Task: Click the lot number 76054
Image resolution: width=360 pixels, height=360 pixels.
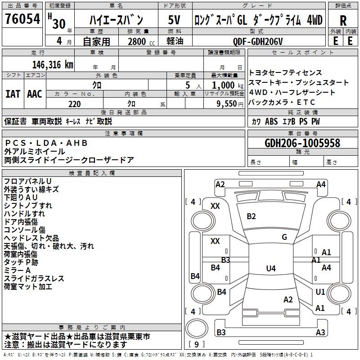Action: click(x=22, y=18)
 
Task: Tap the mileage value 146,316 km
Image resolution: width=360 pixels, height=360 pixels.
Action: click(x=53, y=65)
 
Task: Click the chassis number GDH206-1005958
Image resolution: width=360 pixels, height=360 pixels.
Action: click(x=302, y=143)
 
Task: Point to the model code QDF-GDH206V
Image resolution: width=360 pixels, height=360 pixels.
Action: click(x=257, y=41)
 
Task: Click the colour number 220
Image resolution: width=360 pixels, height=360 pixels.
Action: click(x=75, y=104)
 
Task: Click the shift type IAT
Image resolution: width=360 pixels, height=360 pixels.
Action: click(x=13, y=94)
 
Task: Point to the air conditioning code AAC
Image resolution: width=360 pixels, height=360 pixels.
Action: click(x=35, y=94)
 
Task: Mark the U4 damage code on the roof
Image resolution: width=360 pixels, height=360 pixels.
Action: click(x=271, y=268)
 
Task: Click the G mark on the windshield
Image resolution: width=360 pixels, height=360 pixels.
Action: click(x=284, y=237)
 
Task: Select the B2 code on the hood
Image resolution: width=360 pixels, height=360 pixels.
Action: click(x=251, y=216)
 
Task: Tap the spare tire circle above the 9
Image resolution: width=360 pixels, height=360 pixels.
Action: click(x=197, y=328)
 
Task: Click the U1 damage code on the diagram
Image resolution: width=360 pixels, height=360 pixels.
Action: click(x=320, y=292)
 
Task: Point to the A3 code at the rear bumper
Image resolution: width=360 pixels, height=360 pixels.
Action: click(x=320, y=332)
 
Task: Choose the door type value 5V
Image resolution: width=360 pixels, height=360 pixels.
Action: click(x=174, y=20)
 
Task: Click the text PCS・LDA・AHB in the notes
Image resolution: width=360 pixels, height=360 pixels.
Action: click(x=46, y=143)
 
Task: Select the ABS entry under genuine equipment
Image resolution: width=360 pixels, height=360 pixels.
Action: click(x=271, y=121)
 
